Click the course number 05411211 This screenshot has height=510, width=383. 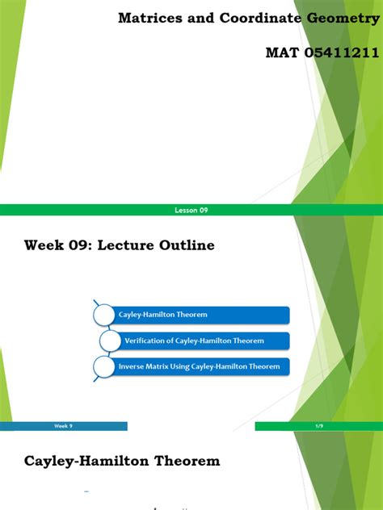[x=340, y=52]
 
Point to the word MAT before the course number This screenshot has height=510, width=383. [x=281, y=52]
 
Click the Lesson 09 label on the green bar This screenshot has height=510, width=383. [x=191, y=210]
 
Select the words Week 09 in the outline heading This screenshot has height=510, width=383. [x=56, y=245]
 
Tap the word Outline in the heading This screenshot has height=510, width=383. [x=186, y=245]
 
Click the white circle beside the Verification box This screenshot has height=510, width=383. [x=110, y=341]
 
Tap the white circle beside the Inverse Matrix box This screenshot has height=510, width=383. [x=104, y=367]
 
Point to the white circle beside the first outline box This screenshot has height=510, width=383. [x=104, y=314]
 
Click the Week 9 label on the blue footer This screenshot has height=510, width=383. [x=63, y=425]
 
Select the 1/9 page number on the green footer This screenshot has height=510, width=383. [x=318, y=425]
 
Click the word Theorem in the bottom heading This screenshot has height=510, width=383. [x=186, y=462]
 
